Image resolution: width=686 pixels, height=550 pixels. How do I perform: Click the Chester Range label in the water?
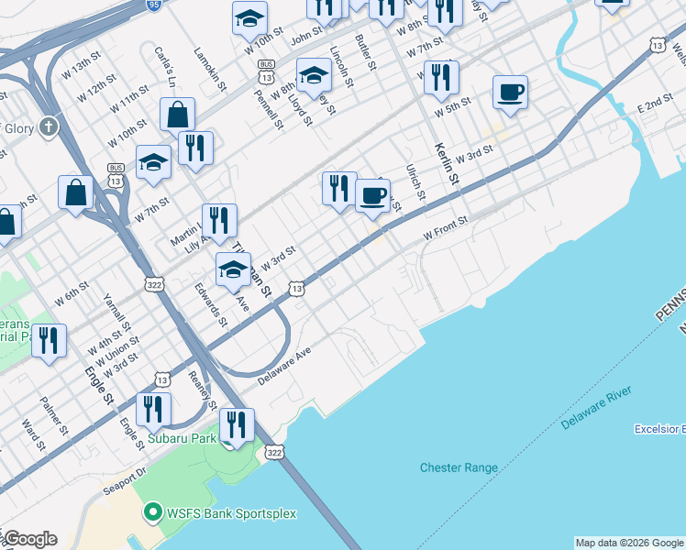459,467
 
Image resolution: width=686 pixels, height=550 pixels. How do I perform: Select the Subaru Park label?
183,439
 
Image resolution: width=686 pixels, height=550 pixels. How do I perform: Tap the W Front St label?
446,228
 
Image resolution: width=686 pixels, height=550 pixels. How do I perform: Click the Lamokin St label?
210,69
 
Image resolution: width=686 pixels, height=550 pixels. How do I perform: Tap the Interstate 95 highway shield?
153,5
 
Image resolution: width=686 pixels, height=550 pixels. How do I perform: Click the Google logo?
29,539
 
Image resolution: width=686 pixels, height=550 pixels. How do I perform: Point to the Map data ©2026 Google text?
628,543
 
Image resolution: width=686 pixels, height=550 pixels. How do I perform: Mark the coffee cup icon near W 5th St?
510,92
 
